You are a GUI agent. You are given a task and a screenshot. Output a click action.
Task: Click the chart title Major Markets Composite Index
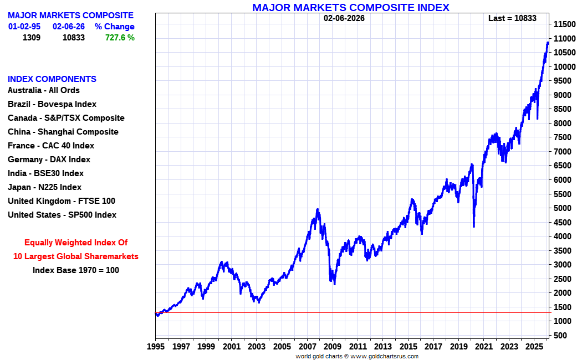[x=350, y=7]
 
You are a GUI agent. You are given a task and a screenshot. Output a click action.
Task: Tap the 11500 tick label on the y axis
[x=567, y=24]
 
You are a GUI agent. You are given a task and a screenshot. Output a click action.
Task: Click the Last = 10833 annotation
[x=512, y=18]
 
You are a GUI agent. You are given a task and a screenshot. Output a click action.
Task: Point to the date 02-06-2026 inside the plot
[x=344, y=18]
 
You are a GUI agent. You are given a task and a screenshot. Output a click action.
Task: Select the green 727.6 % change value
[x=120, y=38]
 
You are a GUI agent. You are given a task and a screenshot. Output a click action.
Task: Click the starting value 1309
[x=32, y=38]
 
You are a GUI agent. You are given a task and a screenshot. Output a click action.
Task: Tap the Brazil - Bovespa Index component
[x=52, y=104]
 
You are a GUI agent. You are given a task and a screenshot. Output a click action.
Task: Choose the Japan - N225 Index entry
[x=44, y=187]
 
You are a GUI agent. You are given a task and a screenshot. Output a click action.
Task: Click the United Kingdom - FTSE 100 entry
[x=62, y=201]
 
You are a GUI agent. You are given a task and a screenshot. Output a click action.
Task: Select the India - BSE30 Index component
[x=45, y=173]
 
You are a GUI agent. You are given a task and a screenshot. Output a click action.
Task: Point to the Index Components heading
[x=52, y=79]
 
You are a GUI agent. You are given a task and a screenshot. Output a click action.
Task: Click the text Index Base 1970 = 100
[x=76, y=270]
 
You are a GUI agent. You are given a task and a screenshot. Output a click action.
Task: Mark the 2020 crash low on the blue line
[x=473, y=226]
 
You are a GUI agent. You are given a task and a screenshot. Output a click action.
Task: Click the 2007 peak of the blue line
[x=318, y=209]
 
